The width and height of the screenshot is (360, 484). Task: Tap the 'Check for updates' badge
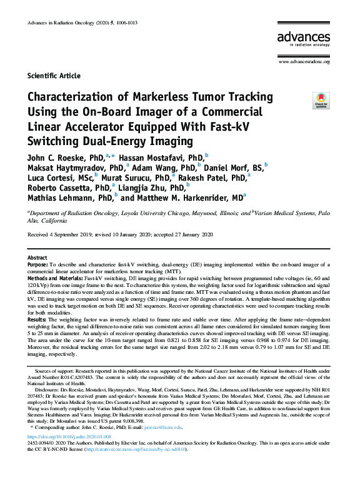click(321, 100)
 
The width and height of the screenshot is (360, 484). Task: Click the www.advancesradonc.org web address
click(304, 61)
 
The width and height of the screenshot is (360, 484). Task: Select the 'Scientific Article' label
click(54, 76)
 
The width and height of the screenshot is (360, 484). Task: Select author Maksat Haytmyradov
click(73, 168)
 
